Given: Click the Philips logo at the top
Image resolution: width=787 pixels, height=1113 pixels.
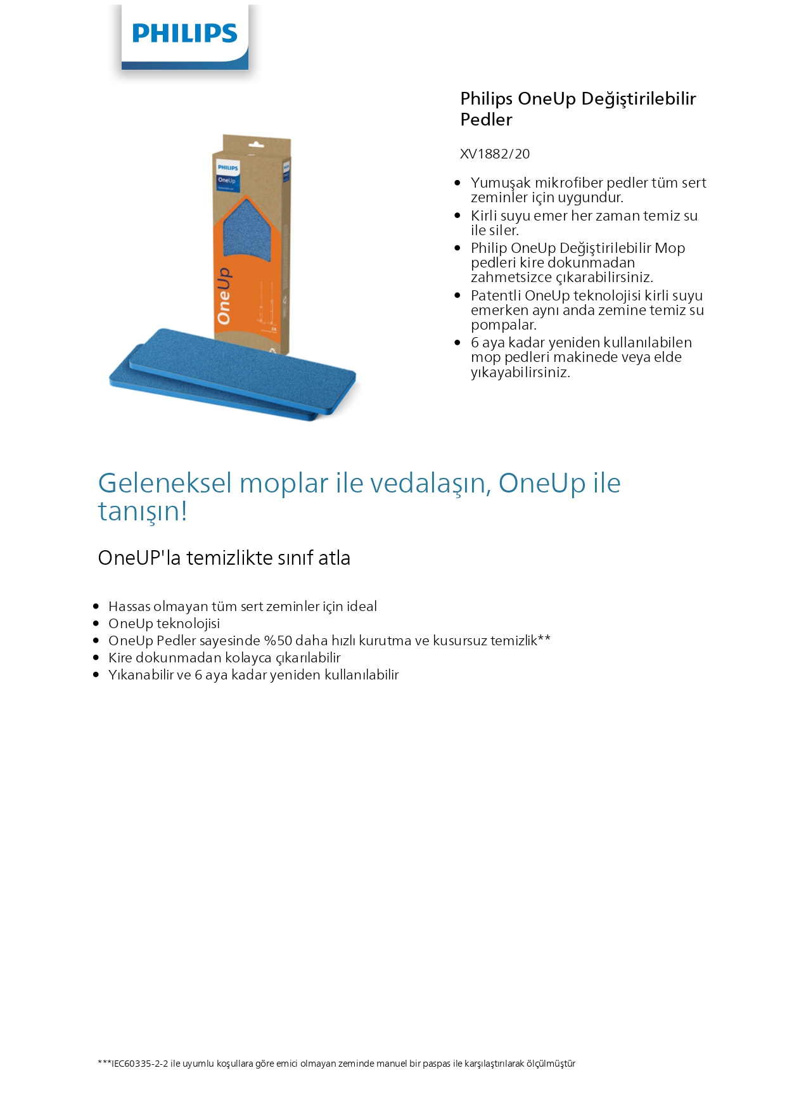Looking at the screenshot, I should [184, 34].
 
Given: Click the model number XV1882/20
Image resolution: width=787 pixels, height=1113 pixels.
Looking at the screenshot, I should [494, 154].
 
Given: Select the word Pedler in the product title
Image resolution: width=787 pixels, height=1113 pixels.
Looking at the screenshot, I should [486, 120].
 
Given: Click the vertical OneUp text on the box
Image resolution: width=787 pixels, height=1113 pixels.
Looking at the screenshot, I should [224, 296].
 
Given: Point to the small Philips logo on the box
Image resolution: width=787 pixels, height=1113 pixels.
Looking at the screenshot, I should [227, 167].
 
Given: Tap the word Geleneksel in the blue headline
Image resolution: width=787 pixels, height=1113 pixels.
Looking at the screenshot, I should [165, 483].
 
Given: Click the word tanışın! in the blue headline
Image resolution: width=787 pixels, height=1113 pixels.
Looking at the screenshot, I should [143, 511].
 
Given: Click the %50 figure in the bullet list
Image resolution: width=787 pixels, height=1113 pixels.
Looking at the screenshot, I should [278, 641].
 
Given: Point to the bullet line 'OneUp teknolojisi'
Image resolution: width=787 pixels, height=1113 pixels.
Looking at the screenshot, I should [164, 624].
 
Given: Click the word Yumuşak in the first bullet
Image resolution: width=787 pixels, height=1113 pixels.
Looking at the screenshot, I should [501, 183].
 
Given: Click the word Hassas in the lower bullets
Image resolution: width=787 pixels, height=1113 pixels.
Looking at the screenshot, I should [129, 607].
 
